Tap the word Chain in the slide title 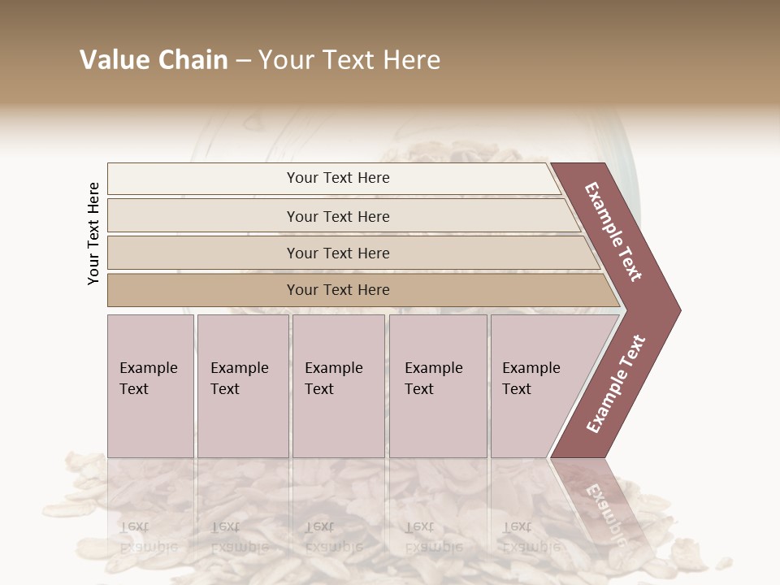pos(191,60)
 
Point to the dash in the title pos(243,61)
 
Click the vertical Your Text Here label pos(93,234)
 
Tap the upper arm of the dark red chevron pos(614,232)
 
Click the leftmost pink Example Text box pos(150,385)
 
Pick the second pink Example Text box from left pos(242,385)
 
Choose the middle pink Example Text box pos(338,385)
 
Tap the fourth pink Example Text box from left pos(437,385)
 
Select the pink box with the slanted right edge pos(536,385)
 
